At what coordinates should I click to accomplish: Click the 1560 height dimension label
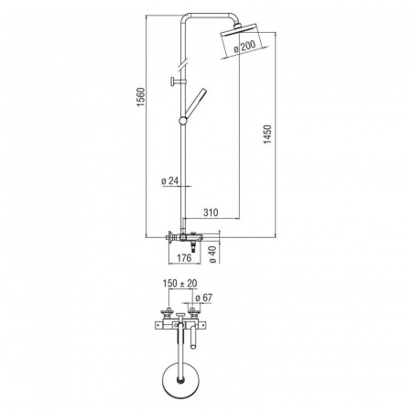tap(141, 97)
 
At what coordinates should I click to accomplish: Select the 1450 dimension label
tap(267, 135)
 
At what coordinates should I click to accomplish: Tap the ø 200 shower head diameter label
tap(244, 47)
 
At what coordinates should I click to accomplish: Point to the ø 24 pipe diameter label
tap(169, 181)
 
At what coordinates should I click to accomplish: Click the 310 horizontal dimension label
tap(211, 212)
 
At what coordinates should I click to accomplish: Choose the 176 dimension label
tap(184, 258)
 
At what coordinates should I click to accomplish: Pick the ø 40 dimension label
tap(212, 255)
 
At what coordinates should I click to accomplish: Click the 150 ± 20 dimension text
tap(179, 283)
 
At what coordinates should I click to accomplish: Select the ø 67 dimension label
tap(203, 298)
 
